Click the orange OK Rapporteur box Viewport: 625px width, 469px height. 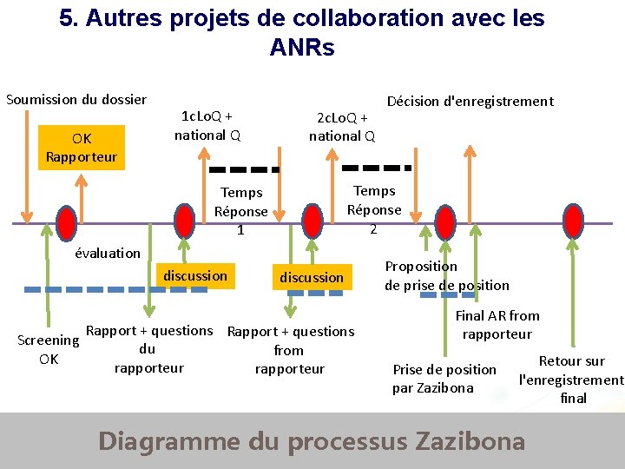pos(82,148)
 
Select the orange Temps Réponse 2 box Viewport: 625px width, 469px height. pos(374,209)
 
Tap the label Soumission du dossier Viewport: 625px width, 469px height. pos(76,99)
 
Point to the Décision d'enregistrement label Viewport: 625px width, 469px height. pos(470,101)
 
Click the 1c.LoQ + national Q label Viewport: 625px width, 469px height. pos(207,125)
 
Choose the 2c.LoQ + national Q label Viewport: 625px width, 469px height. pos(342,127)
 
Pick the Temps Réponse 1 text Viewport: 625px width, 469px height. pos(241,211)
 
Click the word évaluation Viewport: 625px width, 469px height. pos(108,253)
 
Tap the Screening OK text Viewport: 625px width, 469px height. pos(49,349)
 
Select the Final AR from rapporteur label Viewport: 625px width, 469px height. pos(497,325)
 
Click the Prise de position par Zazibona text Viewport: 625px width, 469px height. pos(444,379)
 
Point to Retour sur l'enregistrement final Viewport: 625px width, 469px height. pos(572,380)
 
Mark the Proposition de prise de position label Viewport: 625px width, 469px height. pos(446,275)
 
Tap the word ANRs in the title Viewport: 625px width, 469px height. pos(301,49)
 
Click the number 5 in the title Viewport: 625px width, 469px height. pos(66,18)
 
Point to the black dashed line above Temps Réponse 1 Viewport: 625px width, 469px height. pos(244,169)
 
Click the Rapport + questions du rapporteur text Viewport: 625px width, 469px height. pos(149,349)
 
